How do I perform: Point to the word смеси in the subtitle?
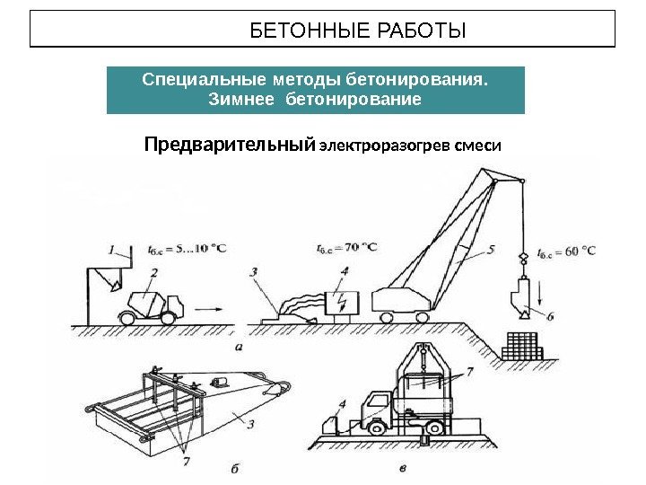478,145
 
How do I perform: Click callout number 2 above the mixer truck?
154,271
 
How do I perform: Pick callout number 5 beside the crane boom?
490,250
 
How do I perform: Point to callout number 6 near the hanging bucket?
550,315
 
